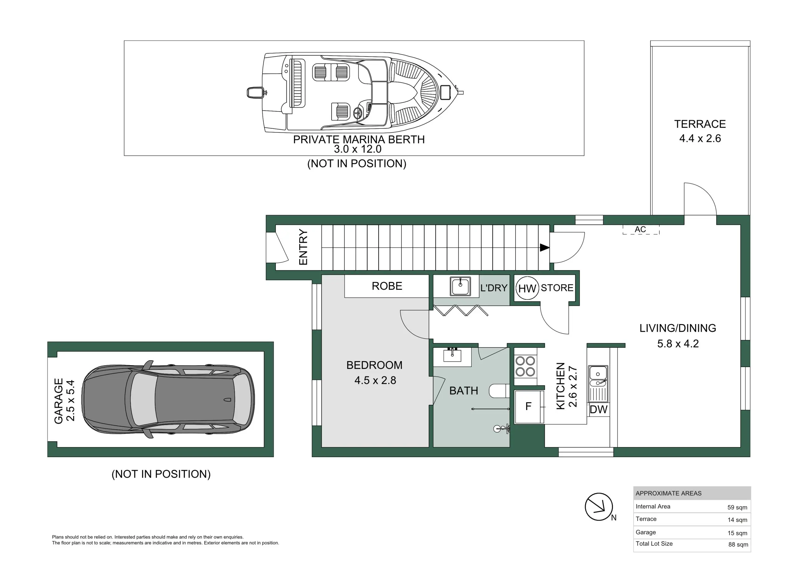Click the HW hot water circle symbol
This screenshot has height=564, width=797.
pos(527,288)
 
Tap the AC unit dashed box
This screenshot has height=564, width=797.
pos(641,229)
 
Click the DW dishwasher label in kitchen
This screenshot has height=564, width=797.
pos(598,409)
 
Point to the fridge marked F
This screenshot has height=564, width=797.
pos(529,407)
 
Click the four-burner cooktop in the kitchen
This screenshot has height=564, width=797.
pos(525,367)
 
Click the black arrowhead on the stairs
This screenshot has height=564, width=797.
pos(545,247)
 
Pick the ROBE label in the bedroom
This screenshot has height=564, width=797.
pos(387,286)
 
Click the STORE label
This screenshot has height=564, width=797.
pos(557,288)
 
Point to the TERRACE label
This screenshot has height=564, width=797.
pos(700,124)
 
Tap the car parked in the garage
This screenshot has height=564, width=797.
pos(168,399)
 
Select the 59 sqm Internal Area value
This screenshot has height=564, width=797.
pos(737,507)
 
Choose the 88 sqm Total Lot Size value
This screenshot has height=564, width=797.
pos(738,545)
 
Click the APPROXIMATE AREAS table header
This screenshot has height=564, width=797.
pos(668,494)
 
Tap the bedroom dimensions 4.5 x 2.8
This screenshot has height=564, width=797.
pos(375,380)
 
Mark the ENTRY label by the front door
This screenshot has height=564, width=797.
pos(303,247)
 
